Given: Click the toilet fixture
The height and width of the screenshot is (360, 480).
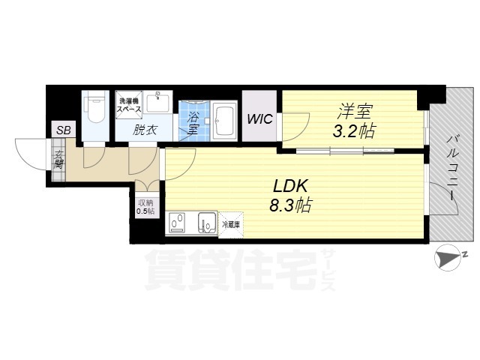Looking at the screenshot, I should point(95,108).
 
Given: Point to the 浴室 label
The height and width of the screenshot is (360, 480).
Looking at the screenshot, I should point(193,123).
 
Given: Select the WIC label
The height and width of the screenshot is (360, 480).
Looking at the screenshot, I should point(260,118).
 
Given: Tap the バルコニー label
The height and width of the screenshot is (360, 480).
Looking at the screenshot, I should point(453,167).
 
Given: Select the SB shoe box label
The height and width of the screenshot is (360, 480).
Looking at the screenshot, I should point(63,130).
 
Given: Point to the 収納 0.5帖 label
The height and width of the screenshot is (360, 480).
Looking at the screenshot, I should point(145,206).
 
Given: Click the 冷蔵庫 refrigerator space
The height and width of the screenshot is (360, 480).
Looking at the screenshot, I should point(230,223).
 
